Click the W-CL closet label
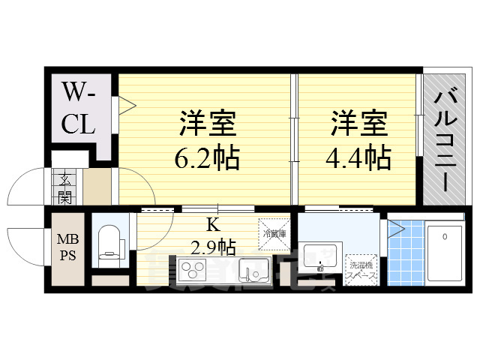79,108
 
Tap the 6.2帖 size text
208,158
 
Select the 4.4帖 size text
358,158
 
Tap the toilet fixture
109,241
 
